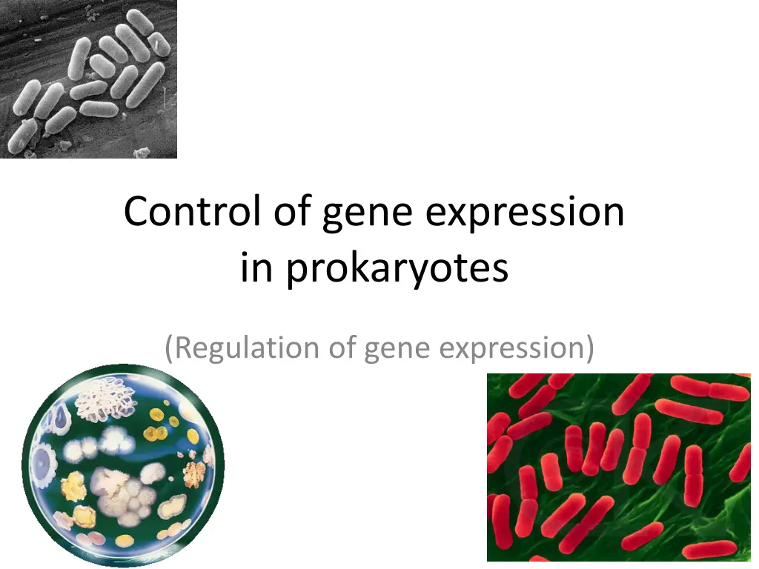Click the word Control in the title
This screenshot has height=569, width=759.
[x=192, y=212]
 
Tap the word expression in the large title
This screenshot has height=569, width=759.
[x=525, y=213]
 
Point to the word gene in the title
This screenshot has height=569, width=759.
[x=368, y=213]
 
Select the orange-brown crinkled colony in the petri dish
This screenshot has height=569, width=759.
[x=194, y=470]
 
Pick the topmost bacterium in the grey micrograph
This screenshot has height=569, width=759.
[x=139, y=22]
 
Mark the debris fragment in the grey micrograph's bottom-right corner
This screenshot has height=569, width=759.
[x=141, y=151]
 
